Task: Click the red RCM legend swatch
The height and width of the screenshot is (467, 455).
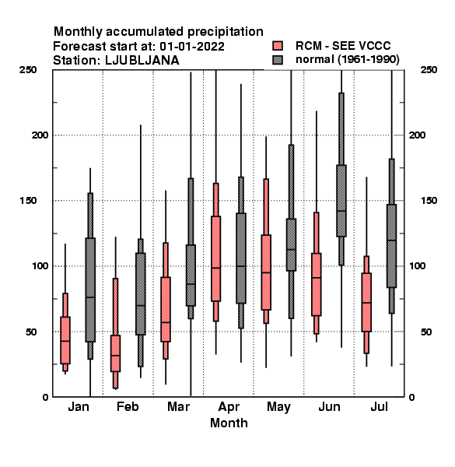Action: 278,46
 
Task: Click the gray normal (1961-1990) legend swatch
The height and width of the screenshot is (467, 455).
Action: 278,60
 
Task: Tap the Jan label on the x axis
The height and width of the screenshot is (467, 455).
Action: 79,407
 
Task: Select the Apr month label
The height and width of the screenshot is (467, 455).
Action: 229,407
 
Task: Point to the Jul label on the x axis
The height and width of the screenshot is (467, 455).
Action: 379,407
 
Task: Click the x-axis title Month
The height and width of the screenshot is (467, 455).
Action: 229,423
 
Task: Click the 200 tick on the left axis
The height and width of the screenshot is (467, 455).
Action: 40,135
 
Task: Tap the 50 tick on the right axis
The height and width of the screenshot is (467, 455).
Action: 426,332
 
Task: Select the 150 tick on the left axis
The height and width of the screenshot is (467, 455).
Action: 28,201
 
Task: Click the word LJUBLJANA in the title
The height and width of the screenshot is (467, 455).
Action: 142,61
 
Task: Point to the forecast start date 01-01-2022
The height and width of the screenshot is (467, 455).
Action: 192,47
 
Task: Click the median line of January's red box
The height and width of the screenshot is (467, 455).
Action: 65,341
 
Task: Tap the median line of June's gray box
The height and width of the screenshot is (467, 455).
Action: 341,211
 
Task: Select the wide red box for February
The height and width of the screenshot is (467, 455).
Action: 115,353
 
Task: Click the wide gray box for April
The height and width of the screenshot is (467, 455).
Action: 241,258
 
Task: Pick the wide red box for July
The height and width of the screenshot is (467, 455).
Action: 366,302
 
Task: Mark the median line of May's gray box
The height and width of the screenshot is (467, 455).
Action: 291,249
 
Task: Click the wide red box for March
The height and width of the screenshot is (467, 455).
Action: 166,309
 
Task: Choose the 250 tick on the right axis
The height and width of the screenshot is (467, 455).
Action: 429,70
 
